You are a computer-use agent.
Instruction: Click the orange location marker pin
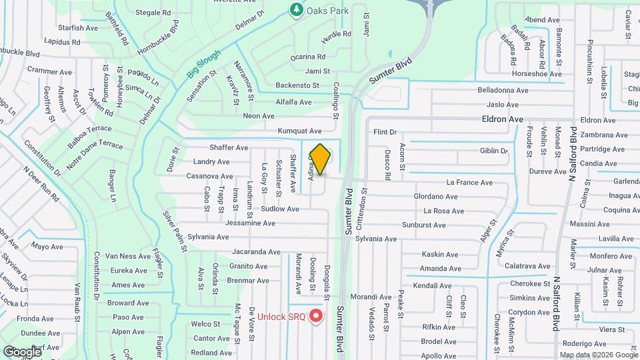click(320, 159)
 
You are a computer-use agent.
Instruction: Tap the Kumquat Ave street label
click(299, 131)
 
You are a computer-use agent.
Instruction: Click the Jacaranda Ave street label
click(257, 252)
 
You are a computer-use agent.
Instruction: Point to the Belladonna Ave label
click(503, 90)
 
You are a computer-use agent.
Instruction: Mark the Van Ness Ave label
click(128, 256)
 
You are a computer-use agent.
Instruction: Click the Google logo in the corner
click(22, 351)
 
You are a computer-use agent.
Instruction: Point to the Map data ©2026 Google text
click(598, 355)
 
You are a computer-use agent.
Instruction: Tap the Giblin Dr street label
click(495, 151)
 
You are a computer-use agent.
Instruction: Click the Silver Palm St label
click(175, 231)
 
